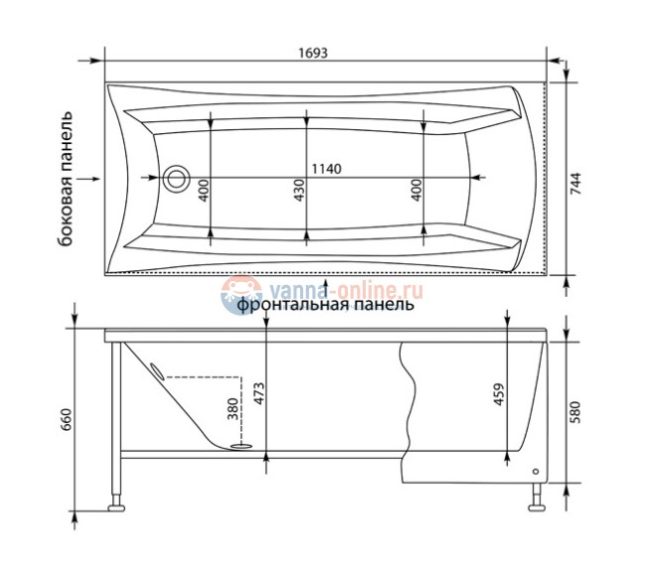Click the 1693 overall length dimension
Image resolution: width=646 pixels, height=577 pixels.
(313, 53)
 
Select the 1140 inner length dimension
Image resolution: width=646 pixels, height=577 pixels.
(326, 169)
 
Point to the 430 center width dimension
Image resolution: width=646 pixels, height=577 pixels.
(299, 190)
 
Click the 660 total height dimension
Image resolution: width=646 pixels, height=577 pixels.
(68, 419)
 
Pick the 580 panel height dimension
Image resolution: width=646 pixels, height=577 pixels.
(574, 412)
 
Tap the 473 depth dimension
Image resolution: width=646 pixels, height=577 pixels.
(259, 393)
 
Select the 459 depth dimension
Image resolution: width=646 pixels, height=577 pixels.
(499, 394)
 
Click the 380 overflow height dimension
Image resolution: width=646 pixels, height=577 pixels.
(233, 409)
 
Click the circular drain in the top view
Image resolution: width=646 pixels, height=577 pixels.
(176, 179)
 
